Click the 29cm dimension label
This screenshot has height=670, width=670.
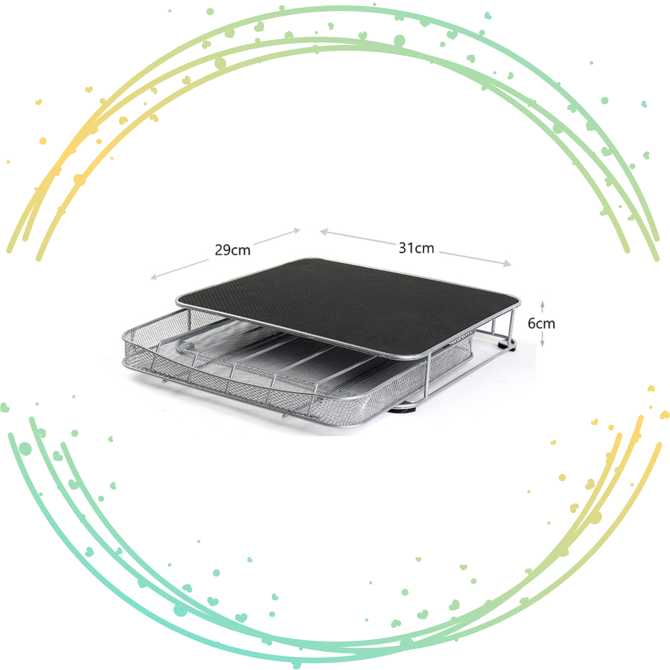click(232, 250)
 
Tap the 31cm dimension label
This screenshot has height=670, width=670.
click(416, 248)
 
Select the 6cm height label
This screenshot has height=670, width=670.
click(541, 323)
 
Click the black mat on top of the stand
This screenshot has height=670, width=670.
click(348, 305)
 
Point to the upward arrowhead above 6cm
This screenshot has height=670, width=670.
click(542, 303)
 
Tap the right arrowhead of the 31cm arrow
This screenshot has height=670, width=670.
click(507, 263)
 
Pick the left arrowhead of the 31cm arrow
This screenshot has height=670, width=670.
click(324, 232)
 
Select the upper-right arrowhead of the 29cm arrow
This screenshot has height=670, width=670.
click(296, 231)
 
